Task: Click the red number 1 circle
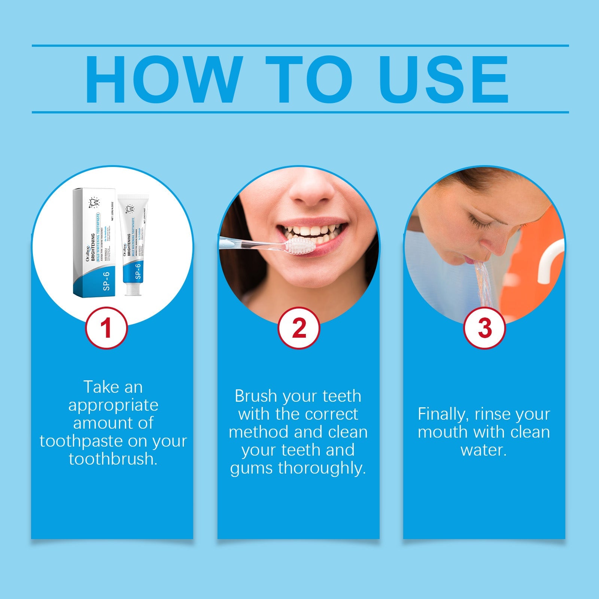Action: tap(107, 328)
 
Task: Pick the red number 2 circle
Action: tap(298, 328)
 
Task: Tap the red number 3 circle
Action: tap(484, 328)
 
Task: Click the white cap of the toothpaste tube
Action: tap(133, 289)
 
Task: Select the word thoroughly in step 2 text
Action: tap(322, 468)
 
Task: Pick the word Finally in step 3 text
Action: tap(443, 414)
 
